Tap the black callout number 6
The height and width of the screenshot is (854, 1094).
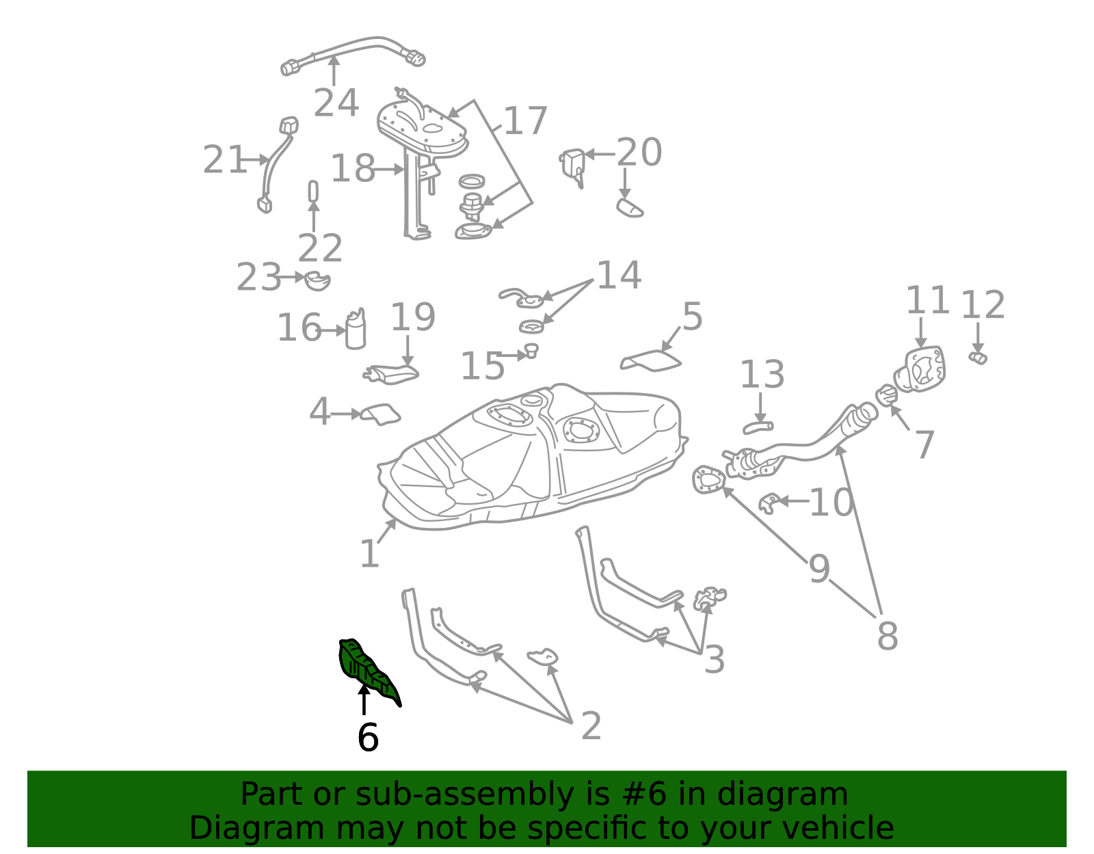[x=368, y=738]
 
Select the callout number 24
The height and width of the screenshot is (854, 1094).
[x=336, y=103]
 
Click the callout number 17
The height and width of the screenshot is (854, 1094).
[x=525, y=121]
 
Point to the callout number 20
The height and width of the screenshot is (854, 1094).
[x=639, y=152]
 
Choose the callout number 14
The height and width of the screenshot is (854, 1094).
[x=619, y=276]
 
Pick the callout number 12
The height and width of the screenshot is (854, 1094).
[x=983, y=305]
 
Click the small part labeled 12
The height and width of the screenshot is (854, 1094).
[x=978, y=358]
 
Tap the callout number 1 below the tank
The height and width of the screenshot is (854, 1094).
[x=369, y=554]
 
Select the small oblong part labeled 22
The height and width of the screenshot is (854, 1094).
[x=313, y=191]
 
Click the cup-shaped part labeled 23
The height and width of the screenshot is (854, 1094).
[x=317, y=281]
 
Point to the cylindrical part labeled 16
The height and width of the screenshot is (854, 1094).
[x=356, y=329]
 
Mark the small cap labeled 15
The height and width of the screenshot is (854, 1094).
[x=532, y=350]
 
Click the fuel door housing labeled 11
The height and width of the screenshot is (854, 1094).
[x=920, y=369]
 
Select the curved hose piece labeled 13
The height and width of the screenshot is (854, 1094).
[x=758, y=427]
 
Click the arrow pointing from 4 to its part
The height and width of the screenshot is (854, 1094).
[x=347, y=414]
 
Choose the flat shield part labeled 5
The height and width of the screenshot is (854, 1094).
[x=650, y=361]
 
